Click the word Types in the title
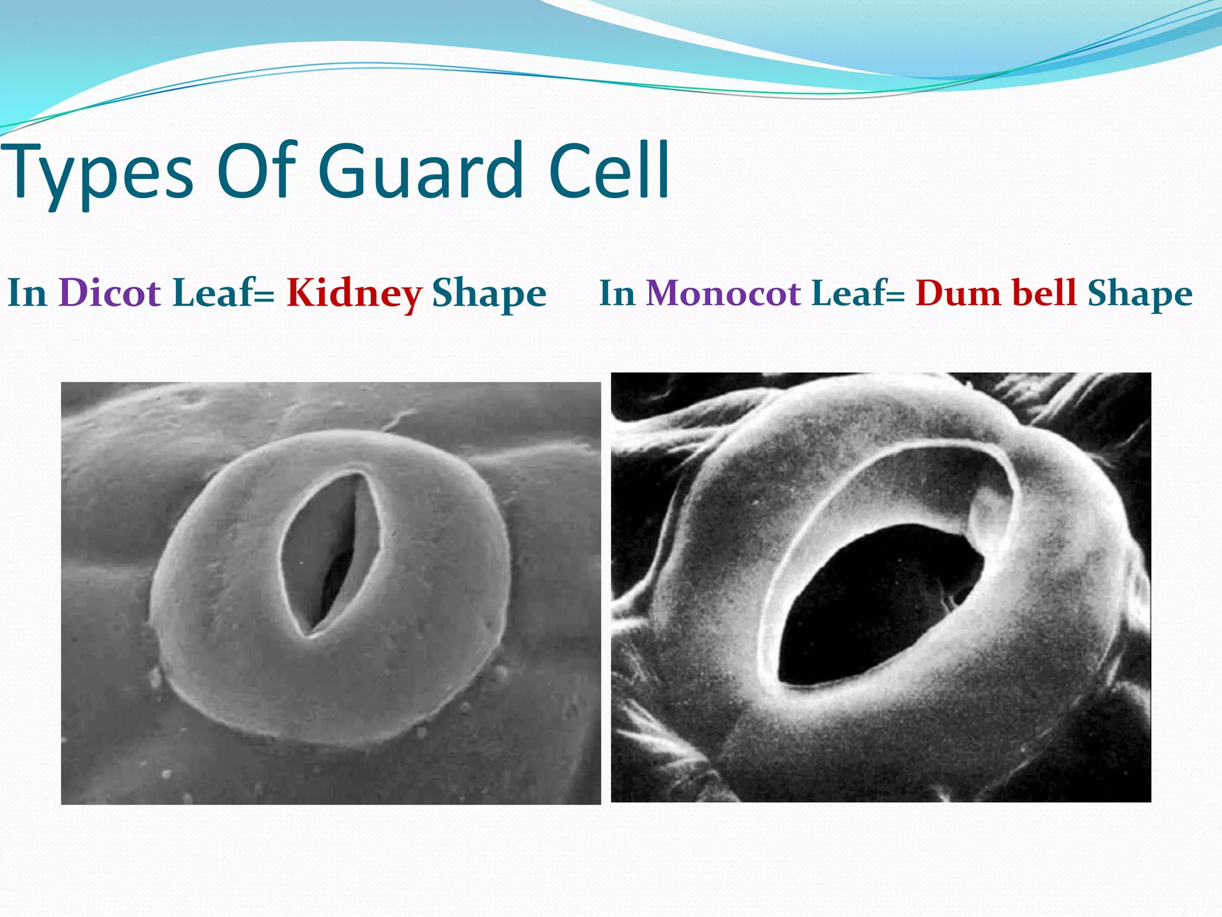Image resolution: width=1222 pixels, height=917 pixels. (98, 173)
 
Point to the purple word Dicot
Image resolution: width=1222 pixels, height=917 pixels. (110, 293)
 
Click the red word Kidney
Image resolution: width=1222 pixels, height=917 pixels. (354, 294)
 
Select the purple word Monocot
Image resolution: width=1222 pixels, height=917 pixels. (723, 293)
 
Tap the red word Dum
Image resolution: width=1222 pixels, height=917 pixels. (957, 293)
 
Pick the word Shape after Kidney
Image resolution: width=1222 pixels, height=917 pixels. (489, 294)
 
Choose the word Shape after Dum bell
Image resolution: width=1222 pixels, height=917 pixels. (1140, 294)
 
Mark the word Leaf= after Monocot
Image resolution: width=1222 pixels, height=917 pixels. (858, 293)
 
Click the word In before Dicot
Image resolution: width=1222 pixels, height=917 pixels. (27, 293)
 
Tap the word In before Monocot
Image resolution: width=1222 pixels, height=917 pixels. (617, 293)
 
